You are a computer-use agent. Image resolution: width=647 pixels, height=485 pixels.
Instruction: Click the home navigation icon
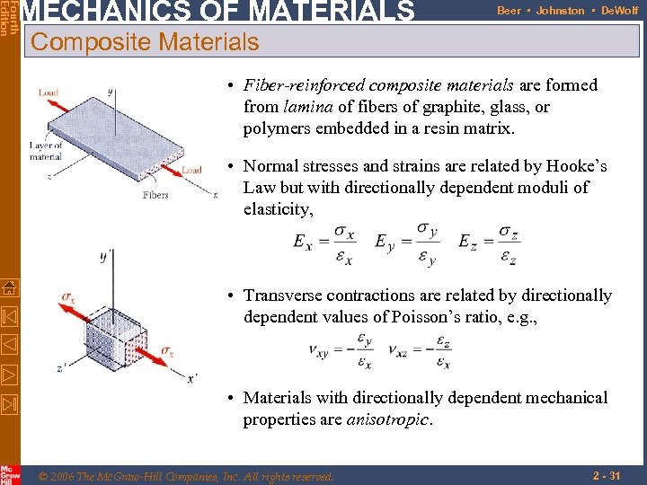click(9, 288)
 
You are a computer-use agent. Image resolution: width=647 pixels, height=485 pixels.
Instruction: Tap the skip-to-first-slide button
click(9, 317)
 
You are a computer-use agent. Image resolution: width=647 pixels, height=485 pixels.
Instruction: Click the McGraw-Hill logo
click(10, 474)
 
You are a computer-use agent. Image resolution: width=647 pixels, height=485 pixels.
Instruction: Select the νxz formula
click(421, 351)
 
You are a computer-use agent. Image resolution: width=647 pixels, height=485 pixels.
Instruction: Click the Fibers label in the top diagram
click(155, 195)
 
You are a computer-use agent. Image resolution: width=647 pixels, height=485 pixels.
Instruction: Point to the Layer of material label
click(46, 151)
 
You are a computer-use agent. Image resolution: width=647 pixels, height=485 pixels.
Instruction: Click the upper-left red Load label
click(49, 93)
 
